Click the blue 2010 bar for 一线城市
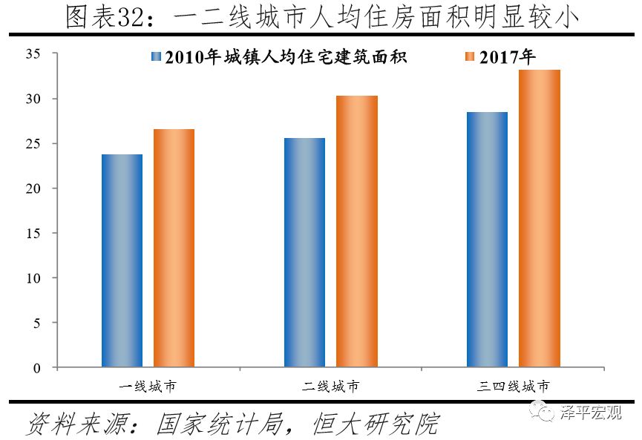coord(122,260)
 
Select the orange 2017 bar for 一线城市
coord(174,248)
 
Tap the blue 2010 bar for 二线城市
coord(304,252)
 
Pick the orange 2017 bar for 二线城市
coord(357,232)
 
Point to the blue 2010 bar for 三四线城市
coord(487,240)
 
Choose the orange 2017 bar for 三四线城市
coord(540,218)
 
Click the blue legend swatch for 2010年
coord(156,57)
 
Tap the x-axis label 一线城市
coord(148,387)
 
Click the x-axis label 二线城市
coord(330,387)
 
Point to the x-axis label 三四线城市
coord(513,387)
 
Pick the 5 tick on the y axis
coord(36,323)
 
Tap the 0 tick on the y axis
coord(36,368)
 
